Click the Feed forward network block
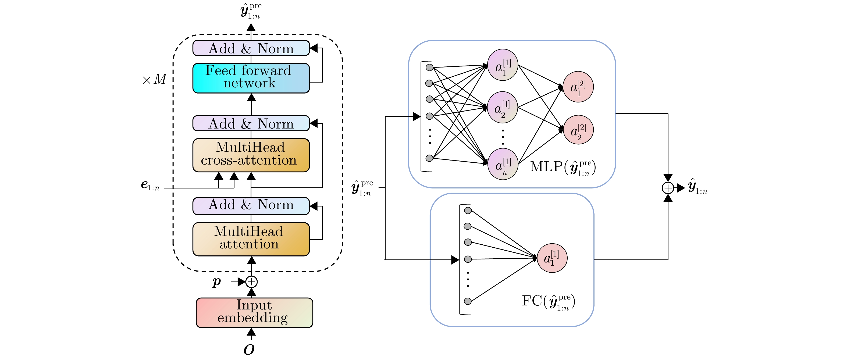pos(251,78)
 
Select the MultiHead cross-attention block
pos(251,155)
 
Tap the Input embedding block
pos(254,312)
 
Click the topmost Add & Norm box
pos(251,48)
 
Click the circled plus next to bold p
pos(251,282)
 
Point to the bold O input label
pos(249,350)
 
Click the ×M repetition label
pos(154,79)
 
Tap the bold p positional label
pos(217,281)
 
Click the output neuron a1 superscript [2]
pos(578,87)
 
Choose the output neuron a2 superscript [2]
pos(578,130)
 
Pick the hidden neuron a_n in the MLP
pos(503,164)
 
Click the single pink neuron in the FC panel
pos(552,258)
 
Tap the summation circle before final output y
pos(668,188)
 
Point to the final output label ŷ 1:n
pos(697,187)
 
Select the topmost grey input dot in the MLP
pos(429,67)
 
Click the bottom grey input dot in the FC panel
pos(468,301)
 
